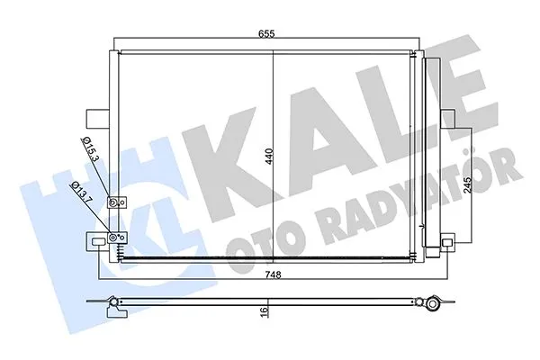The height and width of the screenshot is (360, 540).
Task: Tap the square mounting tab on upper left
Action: (94, 119)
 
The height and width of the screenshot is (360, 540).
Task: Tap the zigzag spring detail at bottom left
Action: (124, 257)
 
